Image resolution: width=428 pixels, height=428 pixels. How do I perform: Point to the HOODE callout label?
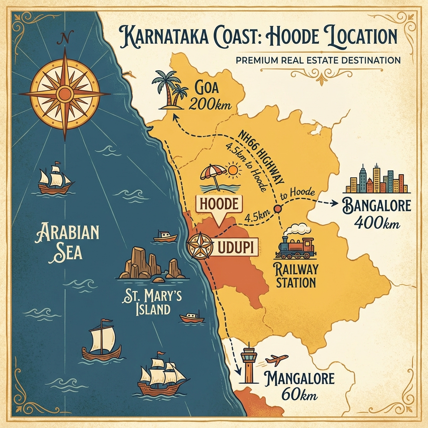tap(219, 204)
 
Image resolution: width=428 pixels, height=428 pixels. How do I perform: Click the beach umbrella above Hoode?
tap(213, 176)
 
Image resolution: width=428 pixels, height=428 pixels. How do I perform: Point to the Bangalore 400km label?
tap(377, 214)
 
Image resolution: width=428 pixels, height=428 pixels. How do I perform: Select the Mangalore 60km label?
tap(299, 387)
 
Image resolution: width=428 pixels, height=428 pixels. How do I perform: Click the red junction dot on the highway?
tap(277, 209)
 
